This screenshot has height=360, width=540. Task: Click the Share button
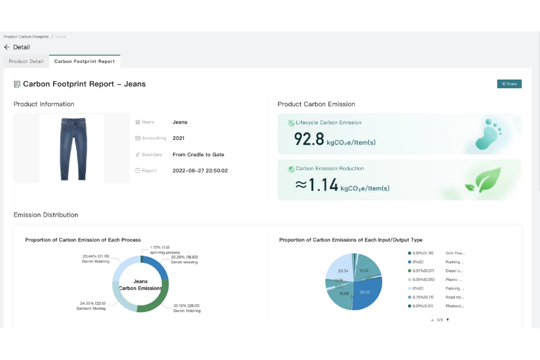(x=509, y=84)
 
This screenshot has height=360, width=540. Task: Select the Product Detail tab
(x=26, y=61)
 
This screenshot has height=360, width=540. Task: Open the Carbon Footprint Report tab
(x=84, y=61)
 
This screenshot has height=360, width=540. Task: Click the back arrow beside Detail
(x=7, y=47)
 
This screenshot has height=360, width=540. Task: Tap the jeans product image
(x=73, y=149)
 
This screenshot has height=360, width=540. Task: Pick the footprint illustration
(x=488, y=134)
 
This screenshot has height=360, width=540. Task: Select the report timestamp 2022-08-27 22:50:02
(x=200, y=171)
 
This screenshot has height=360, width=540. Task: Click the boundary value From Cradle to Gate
(x=198, y=155)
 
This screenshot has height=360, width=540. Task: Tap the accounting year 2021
(x=178, y=139)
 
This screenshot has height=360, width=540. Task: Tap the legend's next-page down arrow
(x=448, y=320)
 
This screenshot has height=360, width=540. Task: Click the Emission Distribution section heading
(x=46, y=215)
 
